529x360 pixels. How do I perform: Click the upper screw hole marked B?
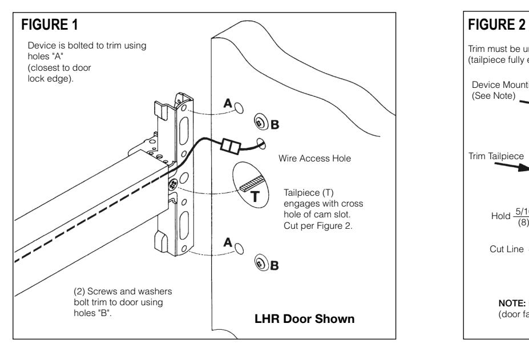point(259,122)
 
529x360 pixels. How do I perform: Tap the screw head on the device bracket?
point(172,184)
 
